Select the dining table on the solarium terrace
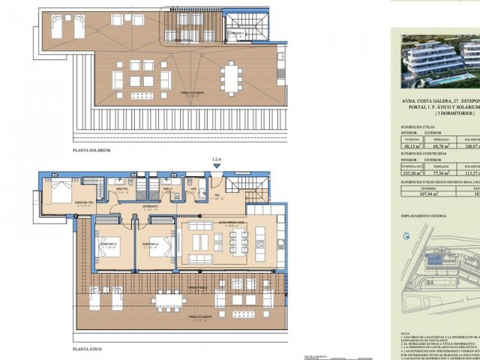231,76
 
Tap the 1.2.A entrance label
217,160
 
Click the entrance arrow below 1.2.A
217,169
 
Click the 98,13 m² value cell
409,146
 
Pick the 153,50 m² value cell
409,172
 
